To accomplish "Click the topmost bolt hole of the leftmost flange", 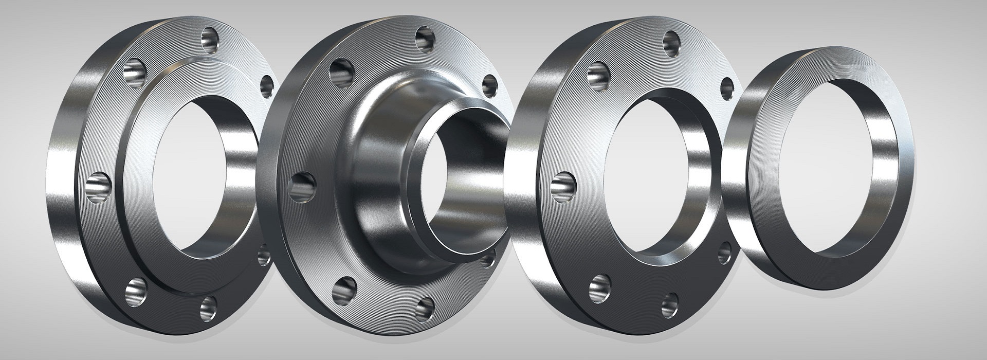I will tap(210, 38).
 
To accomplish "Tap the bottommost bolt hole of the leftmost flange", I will tap(208, 307).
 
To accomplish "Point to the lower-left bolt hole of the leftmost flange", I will tap(135, 291).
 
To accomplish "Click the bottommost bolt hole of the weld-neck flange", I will tap(425, 308).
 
